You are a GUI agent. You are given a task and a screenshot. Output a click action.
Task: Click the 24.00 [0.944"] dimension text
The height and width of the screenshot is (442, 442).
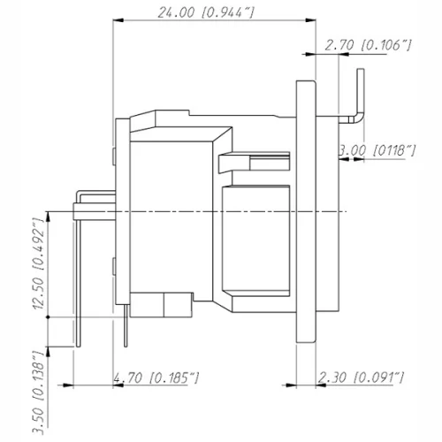[205, 13]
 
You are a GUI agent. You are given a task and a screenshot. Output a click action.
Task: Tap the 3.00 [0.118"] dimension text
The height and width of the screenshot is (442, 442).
[377, 151]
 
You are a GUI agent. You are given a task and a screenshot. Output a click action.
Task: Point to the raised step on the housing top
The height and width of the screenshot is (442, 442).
[172, 115]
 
